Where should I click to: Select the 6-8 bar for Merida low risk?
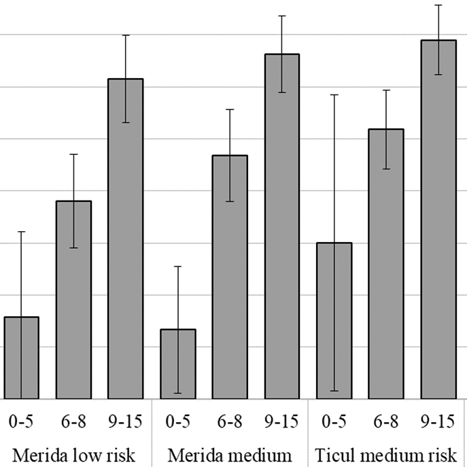(73, 300)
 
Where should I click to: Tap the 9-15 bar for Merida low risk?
(126, 239)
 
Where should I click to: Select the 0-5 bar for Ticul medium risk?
(334, 320)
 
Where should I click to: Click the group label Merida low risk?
(73, 453)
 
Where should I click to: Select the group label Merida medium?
(230, 453)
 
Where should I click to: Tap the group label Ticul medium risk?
(385, 453)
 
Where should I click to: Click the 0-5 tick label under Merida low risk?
(21, 421)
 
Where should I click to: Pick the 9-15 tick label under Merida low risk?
(126, 421)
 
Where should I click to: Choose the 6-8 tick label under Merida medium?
(230, 421)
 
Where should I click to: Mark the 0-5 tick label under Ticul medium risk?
(334, 421)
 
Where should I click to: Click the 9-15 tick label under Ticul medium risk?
(438, 421)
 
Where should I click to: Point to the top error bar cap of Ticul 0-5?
(334, 94)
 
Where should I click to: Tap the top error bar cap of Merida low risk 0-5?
(21, 232)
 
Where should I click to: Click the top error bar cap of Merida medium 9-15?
(281, 16)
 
